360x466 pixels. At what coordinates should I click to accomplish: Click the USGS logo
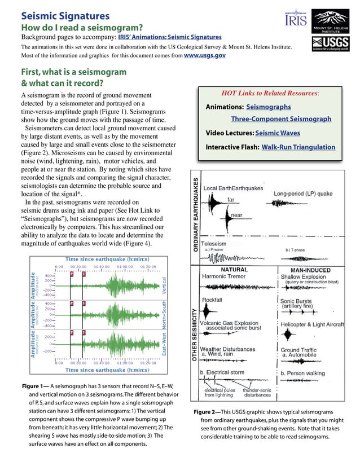click(333, 44)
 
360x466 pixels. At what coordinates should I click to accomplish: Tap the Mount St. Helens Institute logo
click(333, 20)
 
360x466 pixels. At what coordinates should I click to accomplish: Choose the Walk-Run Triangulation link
click(298, 147)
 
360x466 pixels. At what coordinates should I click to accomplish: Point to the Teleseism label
click(214, 243)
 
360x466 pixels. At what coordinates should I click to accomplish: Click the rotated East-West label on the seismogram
click(164, 343)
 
